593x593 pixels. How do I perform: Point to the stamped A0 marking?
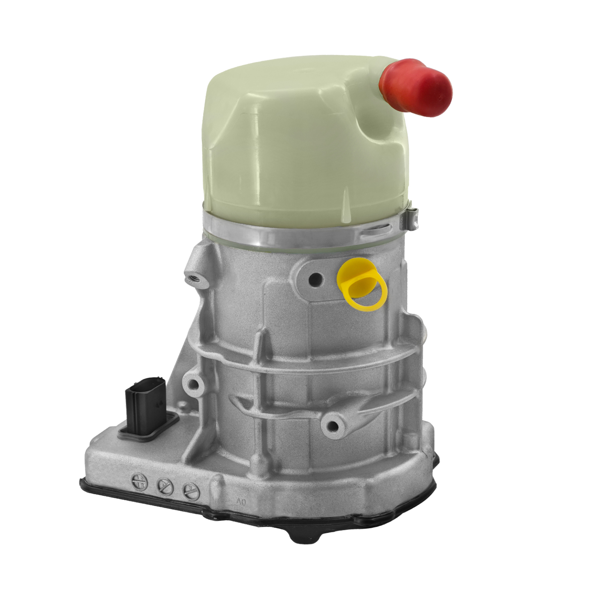pos(241,502)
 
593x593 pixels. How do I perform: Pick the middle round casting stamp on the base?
pos(165,487)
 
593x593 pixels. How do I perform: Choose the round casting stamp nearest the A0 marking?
pos(189,490)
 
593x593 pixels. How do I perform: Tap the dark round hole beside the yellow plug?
pos(316,280)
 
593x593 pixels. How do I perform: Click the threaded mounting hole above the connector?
pos(193,384)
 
